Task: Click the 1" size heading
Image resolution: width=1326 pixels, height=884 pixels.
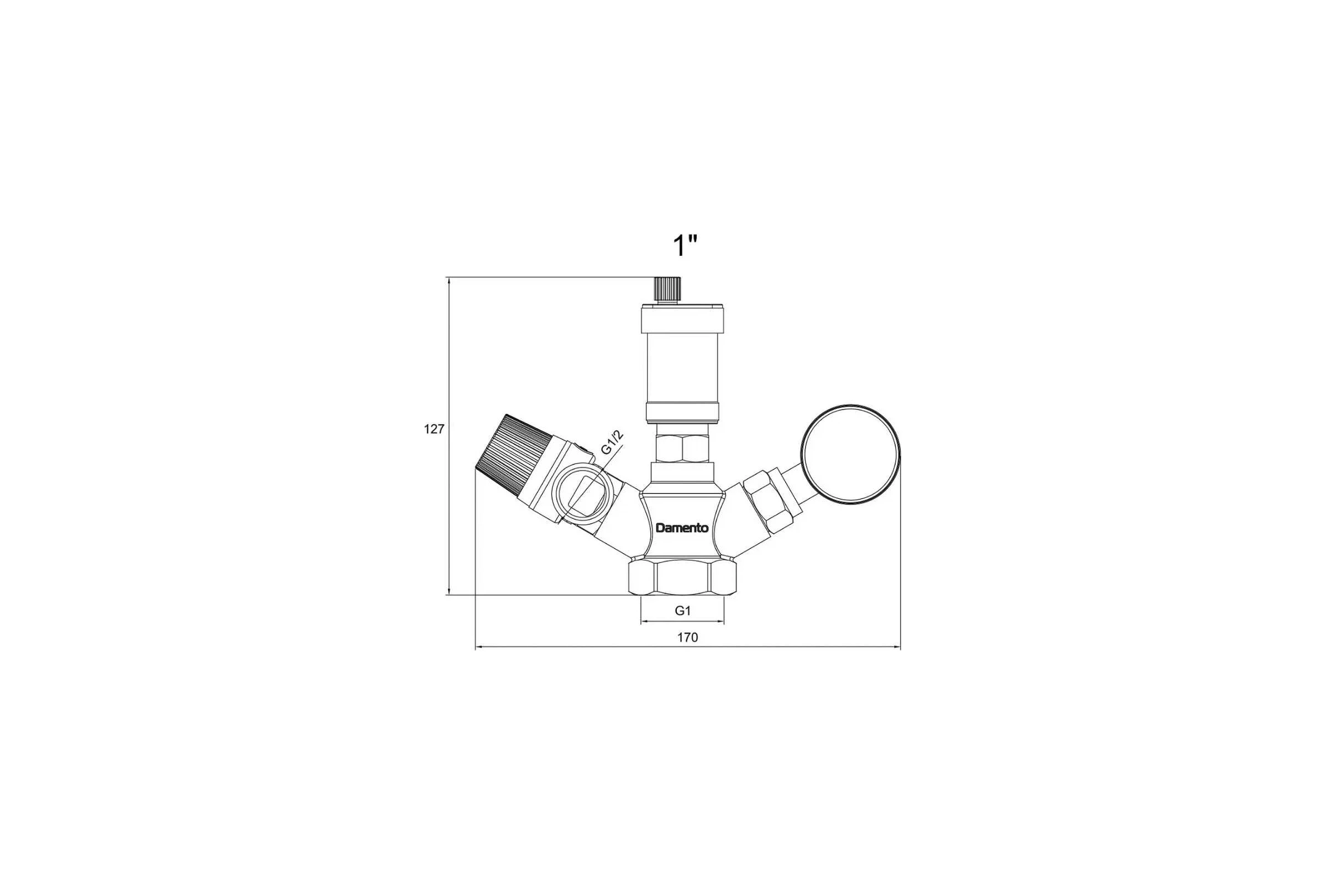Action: [x=685, y=246]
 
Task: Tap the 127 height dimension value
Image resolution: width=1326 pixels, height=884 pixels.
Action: [x=434, y=430]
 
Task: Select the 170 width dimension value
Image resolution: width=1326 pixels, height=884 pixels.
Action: [x=688, y=638]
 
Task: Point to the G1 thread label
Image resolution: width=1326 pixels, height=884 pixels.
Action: [x=683, y=611]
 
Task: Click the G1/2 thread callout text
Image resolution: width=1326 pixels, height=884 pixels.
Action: [x=612, y=443]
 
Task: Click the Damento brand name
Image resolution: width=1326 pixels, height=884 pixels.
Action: [x=682, y=528]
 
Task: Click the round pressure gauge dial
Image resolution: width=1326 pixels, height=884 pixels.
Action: [x=851, y=454]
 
